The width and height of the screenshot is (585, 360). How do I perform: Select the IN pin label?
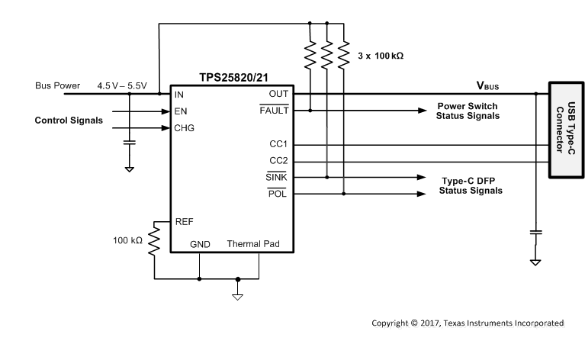click(179, 94)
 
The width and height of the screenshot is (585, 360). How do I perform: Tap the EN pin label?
click(181, 111)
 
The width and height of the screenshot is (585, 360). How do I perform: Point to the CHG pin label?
click(185, 127)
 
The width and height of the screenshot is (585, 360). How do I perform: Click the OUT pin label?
click(278, 94)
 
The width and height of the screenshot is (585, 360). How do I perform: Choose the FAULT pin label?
click(274, 111)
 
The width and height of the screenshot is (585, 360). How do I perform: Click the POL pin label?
click(277, 194)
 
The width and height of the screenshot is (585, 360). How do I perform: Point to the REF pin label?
click(184, 221)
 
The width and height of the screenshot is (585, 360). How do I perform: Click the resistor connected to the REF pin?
click(153, 239)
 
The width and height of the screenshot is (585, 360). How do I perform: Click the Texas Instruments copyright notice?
click(468, 323)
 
